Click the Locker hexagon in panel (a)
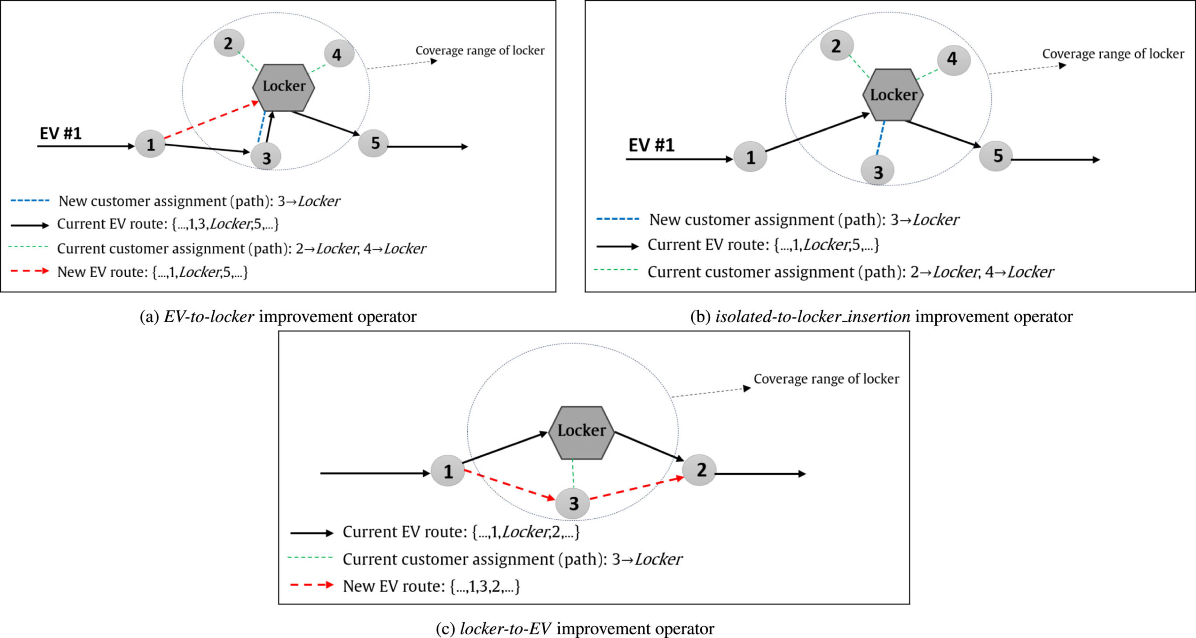tap(284, 87)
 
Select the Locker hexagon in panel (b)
tap(893, 95)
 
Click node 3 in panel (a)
tap(266, 158)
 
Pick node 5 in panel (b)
tap(996, 156)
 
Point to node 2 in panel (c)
tap(700, 470)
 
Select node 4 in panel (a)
tap(338, 54)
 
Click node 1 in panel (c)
tap(448, 471)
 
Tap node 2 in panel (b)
tap(836, 46)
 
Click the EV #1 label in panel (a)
tap(61, 134)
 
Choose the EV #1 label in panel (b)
tap(651, 145)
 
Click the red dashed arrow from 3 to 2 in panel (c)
tap(635, 488)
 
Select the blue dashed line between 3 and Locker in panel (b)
tap(880, 138)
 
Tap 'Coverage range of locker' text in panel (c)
tap(826, 379)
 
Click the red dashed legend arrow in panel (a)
tap(29, 271)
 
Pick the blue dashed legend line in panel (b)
tap(617, 219)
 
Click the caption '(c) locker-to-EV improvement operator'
tap(575, 629)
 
